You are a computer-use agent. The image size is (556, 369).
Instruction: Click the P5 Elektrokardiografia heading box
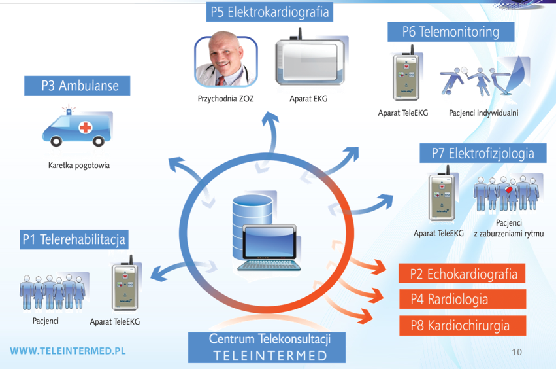(269, 12)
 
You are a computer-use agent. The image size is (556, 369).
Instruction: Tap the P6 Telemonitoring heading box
(450, 31)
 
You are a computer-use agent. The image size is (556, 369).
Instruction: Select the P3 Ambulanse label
(76, 86)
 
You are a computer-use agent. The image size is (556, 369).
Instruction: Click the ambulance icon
(74, 129)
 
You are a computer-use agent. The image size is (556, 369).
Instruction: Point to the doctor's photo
(225, 61)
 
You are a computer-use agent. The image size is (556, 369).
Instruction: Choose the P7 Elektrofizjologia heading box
(482, 153)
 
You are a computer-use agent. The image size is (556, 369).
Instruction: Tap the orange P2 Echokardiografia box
(463, 273)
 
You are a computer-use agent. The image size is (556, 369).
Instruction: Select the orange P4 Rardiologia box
(463, 299)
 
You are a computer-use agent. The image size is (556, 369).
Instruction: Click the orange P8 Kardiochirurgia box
(463, 325)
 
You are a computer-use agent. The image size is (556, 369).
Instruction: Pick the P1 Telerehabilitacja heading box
(73, 239)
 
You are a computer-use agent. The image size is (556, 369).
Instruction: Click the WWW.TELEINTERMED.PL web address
(67, 351)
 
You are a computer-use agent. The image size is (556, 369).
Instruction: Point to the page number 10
(517, 352)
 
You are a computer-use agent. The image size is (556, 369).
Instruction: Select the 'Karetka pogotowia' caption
(79, 165)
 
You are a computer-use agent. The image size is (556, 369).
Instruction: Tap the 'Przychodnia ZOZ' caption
(225, 99)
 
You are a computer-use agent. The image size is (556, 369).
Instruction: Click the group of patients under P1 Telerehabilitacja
(53, 291)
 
